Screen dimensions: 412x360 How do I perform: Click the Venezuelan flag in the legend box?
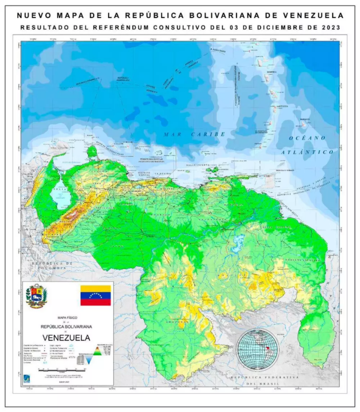pyautogui.click(x=96, y=295)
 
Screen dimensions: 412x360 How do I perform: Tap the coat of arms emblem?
pyautogui.click(x=37, y=296)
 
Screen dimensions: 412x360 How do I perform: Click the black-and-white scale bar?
pyautogui.click(x=64, y=370)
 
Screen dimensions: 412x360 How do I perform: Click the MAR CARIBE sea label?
pyautogui.click(x=195, y=134)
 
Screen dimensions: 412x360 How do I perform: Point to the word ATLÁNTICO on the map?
pyautogui.click(x=307, y=152)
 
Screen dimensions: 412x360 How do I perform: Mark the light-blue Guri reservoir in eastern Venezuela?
pyautogui.click(x=238, y=242)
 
